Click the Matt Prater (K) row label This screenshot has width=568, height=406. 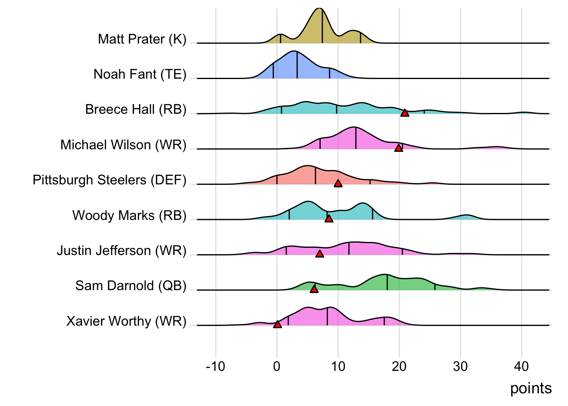142,39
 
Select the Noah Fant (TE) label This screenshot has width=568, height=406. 140,74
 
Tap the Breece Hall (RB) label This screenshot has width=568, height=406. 136,110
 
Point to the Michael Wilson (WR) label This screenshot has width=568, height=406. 123,145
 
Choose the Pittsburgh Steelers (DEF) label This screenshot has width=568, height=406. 109,180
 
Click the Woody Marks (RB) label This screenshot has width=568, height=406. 129,216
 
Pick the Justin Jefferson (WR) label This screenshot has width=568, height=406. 122,251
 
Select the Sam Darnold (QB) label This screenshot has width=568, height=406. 131,286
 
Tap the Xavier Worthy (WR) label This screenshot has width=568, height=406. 126,321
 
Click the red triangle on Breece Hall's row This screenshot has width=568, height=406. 405,113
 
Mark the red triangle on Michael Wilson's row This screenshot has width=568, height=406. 399,148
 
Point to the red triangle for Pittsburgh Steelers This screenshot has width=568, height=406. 338,184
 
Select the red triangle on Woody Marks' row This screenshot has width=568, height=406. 329,219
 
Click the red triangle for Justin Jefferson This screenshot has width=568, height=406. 320,254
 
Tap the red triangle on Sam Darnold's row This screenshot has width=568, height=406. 314,289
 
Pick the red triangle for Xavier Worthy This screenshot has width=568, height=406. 277,324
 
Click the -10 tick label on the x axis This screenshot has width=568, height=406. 216,366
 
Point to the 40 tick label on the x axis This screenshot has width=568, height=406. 522,366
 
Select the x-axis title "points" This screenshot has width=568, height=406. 531,389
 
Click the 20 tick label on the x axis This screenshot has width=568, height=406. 399,366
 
